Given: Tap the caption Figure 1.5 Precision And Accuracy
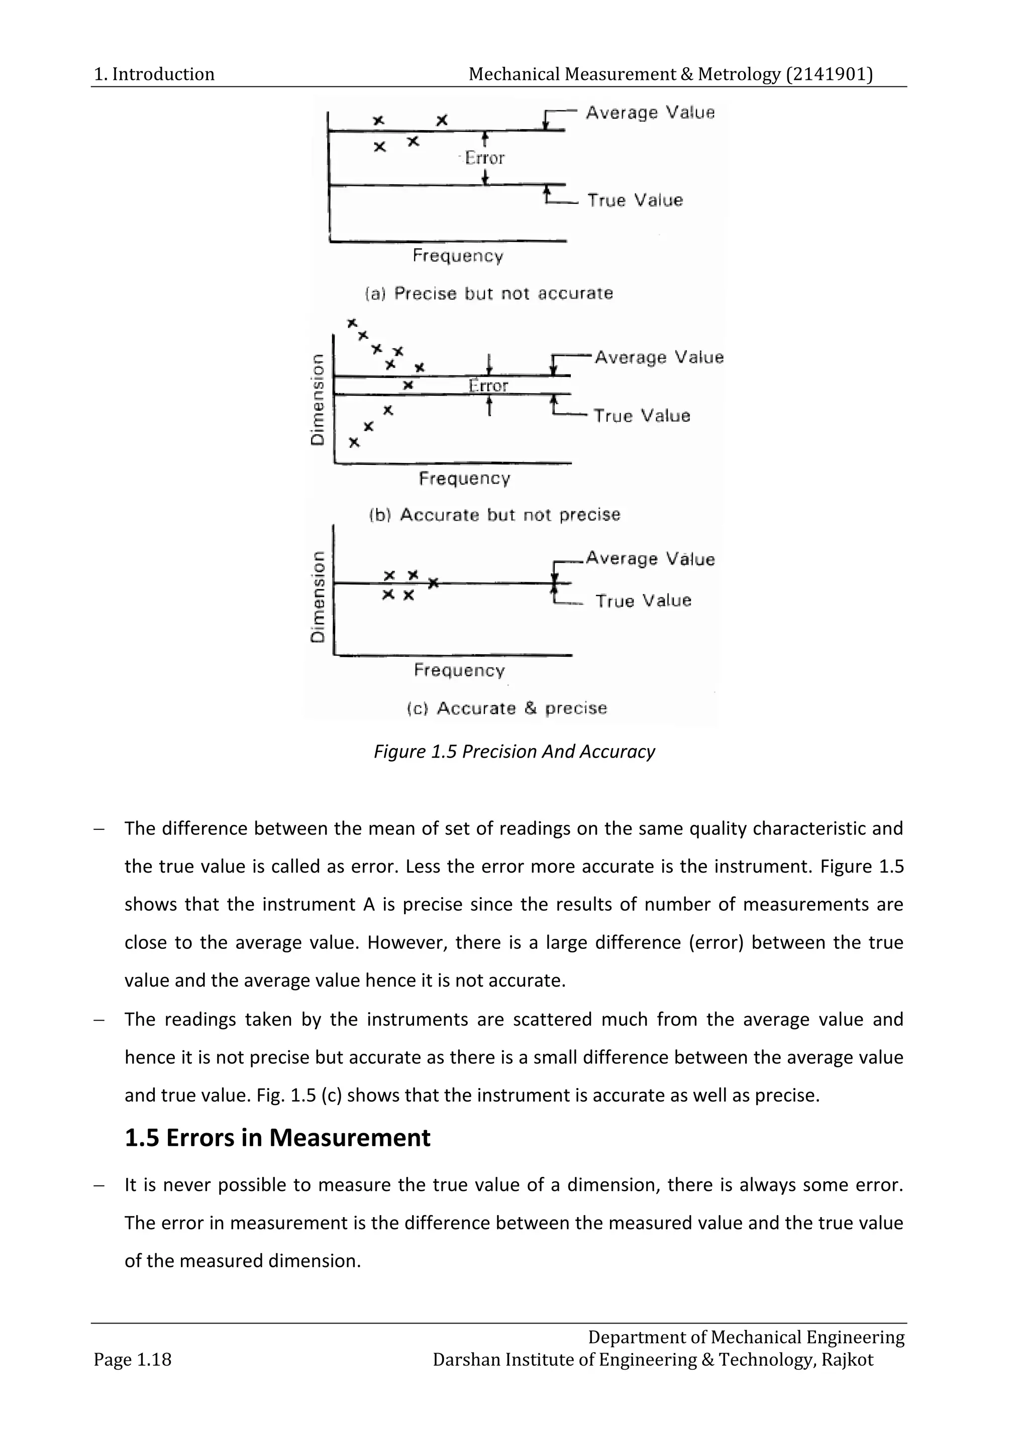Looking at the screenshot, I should (x=514, y=752).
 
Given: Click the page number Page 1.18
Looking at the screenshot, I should (x=133, y=1360).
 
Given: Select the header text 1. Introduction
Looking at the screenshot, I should (x=154, y=74).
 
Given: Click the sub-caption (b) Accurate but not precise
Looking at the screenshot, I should (x=494, y=514).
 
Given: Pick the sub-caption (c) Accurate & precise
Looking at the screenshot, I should (x=506, y=708).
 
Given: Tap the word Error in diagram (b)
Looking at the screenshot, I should (x=488, y=386).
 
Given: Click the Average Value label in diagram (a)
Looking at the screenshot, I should (x=650, y=113).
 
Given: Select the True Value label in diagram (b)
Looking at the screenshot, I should (x=641, y=416).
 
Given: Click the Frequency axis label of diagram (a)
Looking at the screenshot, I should (x=458, y=256).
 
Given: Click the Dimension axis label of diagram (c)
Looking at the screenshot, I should (x=318, y=596).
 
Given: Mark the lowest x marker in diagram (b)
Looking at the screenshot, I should (x=354, y=442).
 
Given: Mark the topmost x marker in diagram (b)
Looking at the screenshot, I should (x=352, y=323).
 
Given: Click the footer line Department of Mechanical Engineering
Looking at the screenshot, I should (x=746, y=1337).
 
